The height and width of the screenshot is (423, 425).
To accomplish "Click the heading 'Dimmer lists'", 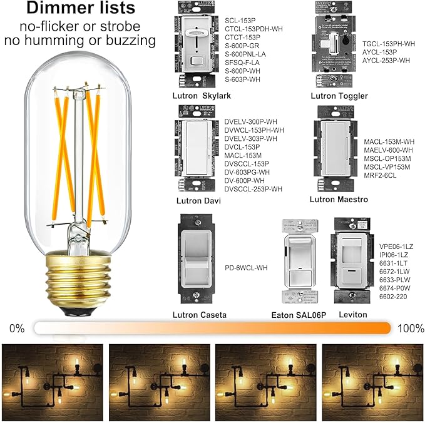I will [x=80, y=9].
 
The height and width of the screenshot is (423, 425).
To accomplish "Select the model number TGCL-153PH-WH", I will [x=389, y=44].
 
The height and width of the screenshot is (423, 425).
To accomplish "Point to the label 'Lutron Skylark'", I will [x=202, y=96].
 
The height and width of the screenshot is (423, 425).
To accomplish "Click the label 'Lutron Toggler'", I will [x=339, y=96].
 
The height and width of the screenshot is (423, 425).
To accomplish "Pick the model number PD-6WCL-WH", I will [x=246, y=267].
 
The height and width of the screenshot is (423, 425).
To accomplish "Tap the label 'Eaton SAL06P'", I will [x=299, y=315].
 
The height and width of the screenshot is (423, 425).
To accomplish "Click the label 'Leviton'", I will [x=352, y=315].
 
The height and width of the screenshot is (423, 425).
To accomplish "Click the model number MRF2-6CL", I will [x=381, y=176].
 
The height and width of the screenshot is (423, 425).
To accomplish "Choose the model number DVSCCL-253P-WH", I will [x=253, y=189].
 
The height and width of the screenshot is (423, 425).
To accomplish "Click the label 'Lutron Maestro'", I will [x=339, y=200].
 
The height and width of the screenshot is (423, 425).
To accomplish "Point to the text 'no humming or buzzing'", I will [x=80, y=41].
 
